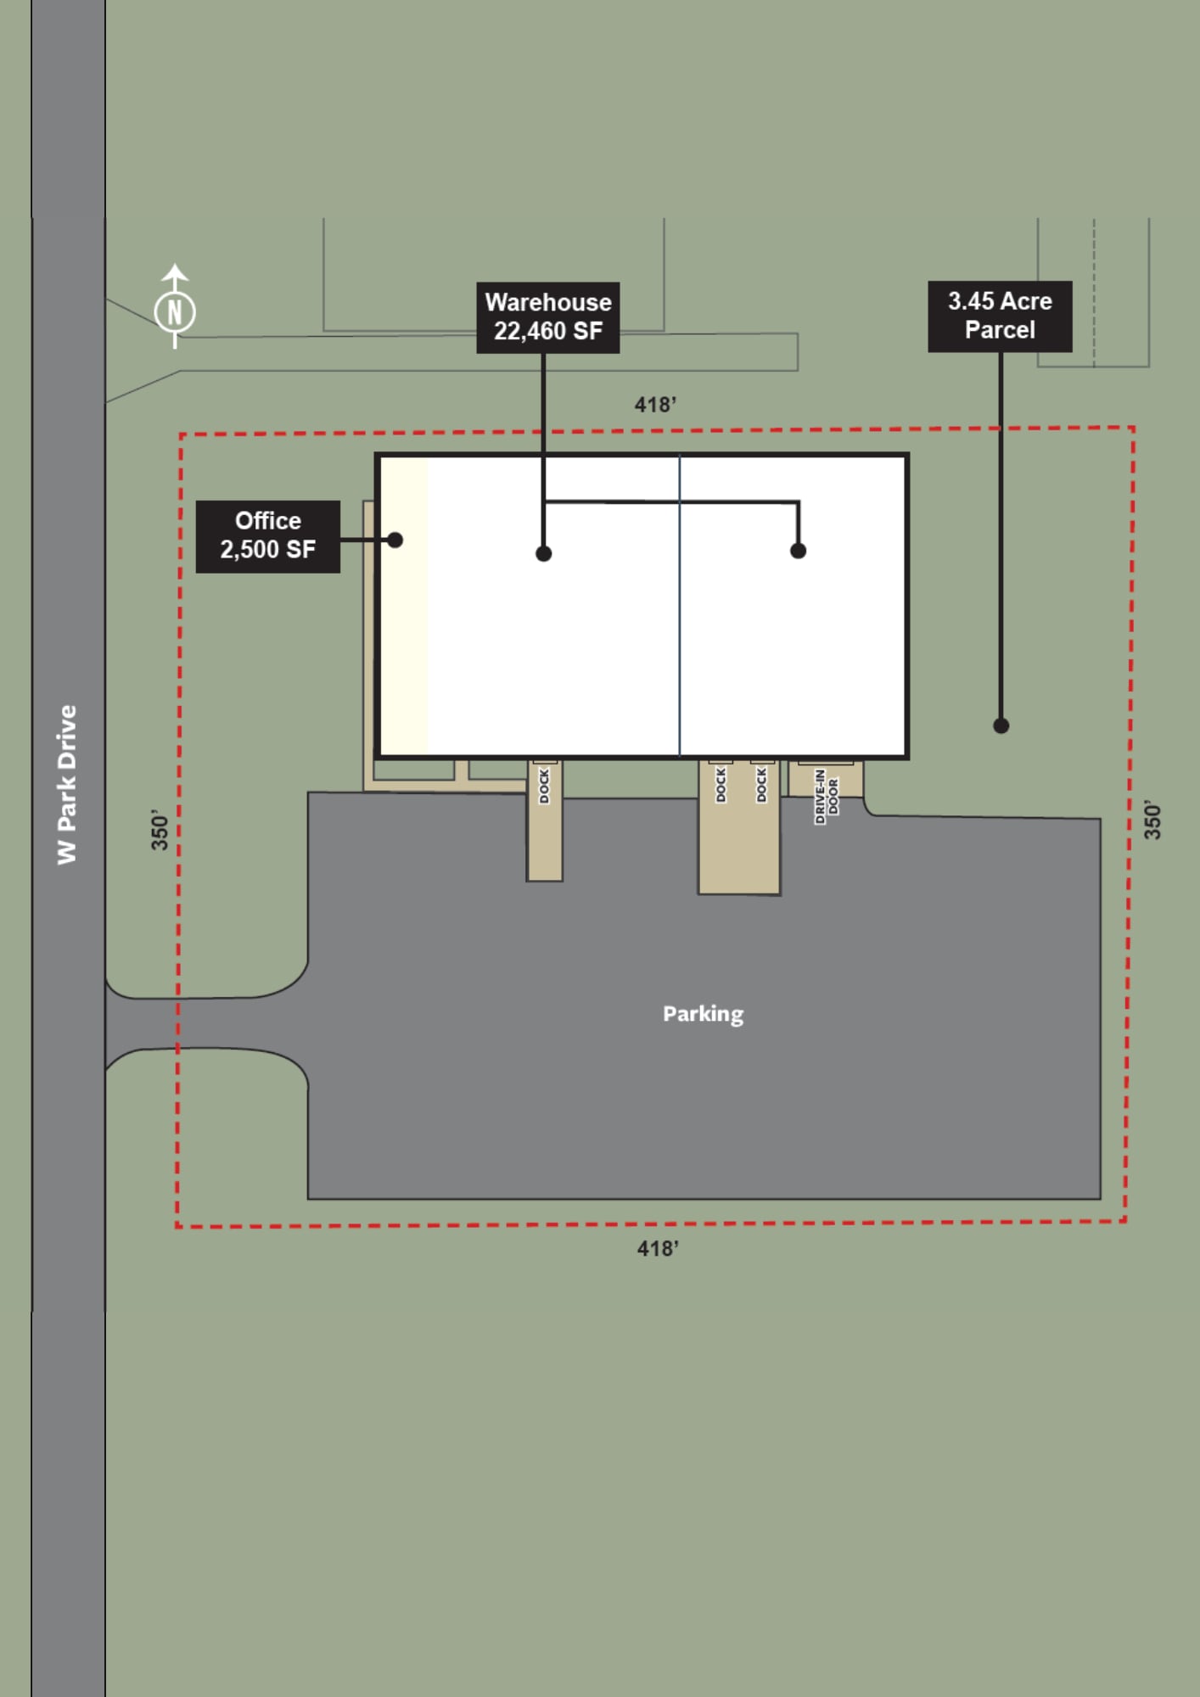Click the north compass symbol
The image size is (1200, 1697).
point(175,311)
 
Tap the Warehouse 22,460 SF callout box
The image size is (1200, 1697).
point(548,317)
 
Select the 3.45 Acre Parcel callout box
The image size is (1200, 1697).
point(1000,316)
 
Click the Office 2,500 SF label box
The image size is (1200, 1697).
point(268,536)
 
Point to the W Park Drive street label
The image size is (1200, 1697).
point(67,785)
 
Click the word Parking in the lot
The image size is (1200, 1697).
point(703,1014)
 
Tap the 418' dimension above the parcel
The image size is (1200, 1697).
point(655,405)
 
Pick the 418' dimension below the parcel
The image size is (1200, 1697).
point(658,1248)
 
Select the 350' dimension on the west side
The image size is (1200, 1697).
point(160,830)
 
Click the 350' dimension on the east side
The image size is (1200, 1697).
point(1152,820)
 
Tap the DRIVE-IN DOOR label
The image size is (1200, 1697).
point(826,796)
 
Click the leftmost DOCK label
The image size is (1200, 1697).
point(544,786)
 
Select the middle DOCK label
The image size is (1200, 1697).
point(721,785)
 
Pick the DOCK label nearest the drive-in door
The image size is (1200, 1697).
point(761,785)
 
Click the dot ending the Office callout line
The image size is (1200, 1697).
point(395,540)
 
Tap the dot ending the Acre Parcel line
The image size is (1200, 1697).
point(1001,725)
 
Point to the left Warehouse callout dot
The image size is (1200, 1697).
point(544,553)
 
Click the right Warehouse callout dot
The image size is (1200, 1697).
point(798,551)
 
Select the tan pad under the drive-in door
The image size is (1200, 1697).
point(826,779)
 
